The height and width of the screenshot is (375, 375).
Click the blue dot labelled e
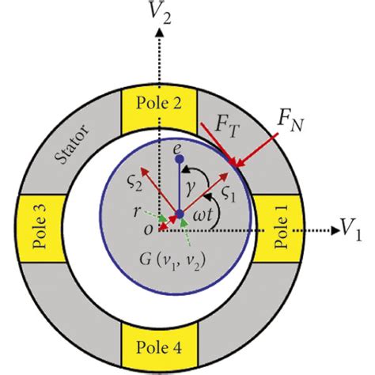pyautogui.click(x=180, y=158)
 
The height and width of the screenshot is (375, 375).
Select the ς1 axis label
pyautogui.click(x=230, y=192)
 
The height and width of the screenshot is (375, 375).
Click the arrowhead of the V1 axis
pyautogui.click(x=332, y=231)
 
